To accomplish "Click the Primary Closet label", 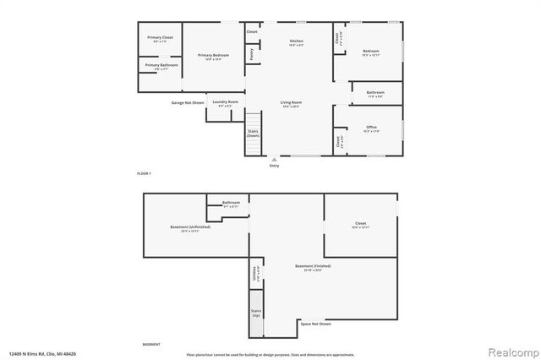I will point(160,39).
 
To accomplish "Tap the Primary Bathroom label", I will point(161,66).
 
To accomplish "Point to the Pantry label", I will point(252,53).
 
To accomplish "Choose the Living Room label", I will point(292,104).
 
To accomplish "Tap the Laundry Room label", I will point(226,103).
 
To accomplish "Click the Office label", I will point(371,128).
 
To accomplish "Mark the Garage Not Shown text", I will point(188,102).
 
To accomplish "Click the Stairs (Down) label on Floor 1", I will point(253,133).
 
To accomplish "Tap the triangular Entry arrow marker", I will point(274,159).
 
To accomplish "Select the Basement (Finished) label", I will point(313,267).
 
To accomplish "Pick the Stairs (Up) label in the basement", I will point(255,312).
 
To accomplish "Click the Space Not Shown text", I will point(315,323).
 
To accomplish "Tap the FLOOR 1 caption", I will point(143,173).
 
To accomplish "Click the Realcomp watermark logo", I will point(510,352).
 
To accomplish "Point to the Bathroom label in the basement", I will point(231,204).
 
